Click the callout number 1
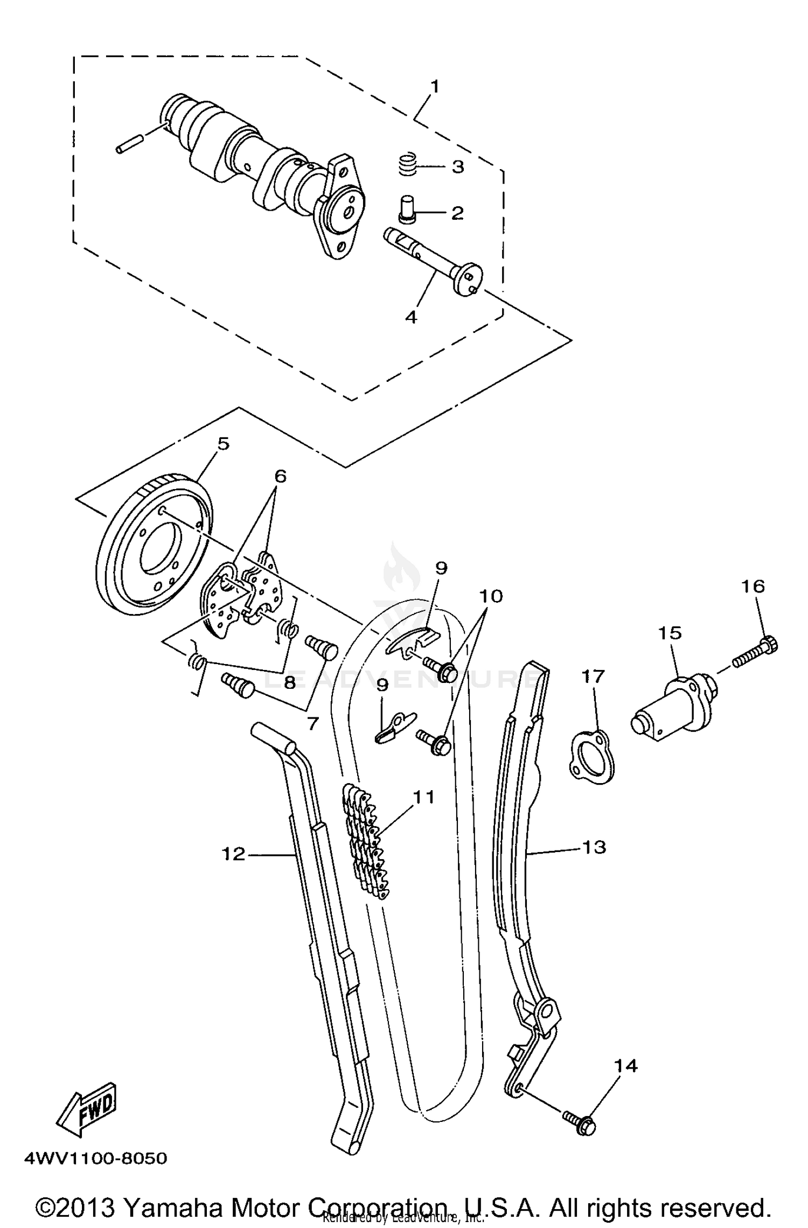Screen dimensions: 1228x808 [x=434, y=87]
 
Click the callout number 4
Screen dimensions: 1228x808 [x=411, y=317]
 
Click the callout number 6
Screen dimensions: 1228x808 [x=280, y=476]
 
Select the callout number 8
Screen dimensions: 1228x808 [x=289, y=682]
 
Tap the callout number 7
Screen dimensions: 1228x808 [x=312, y=723]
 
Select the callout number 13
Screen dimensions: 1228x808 [x=594, y=847]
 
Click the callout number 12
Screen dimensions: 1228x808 [x=234, y=854]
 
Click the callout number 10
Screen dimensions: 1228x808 [x=490, y=596]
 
